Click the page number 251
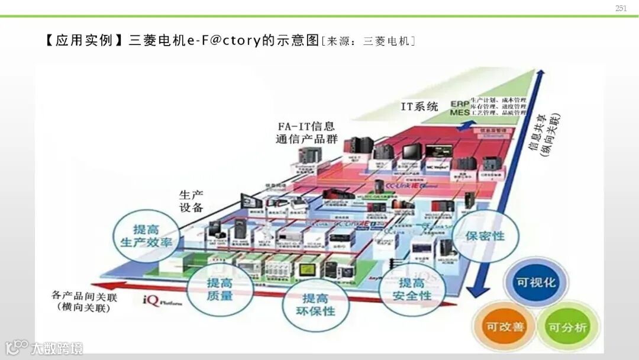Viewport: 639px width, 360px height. click(621, 8)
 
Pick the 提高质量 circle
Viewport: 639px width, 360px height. click(220, 288)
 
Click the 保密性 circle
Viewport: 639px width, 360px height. click(486, 236)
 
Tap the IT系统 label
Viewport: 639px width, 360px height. click(419, 107)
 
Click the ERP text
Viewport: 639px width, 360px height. click(459, 102)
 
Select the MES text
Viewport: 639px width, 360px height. click(459, 112)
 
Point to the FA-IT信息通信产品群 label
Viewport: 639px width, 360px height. click(306, 133)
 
